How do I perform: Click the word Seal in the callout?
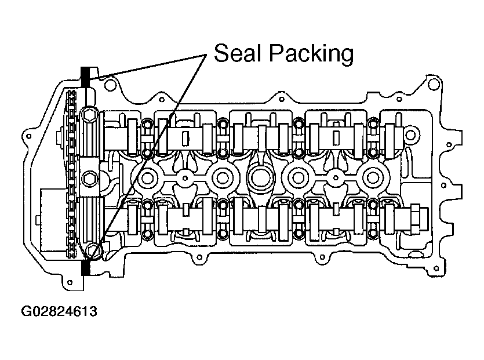236,53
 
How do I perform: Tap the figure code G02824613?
59,311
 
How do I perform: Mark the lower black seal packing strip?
85,267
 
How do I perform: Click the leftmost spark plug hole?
148,177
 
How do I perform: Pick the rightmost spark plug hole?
373,177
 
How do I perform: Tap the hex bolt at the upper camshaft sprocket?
89,115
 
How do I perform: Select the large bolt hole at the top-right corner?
434,84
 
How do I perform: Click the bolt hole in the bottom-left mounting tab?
70,282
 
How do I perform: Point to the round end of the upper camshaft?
410,135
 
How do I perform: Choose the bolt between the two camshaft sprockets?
89,179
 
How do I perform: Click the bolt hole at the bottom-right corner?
436,268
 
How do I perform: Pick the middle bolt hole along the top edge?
281,99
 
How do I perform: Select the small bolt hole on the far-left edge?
29,136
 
